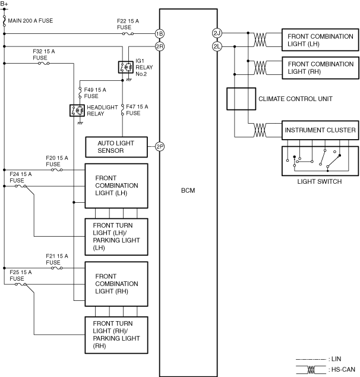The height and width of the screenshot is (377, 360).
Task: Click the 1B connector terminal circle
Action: pos(159,33)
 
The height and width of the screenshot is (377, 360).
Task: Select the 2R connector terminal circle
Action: pos(159,46)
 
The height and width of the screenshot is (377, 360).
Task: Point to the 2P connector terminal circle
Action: pos(159,146)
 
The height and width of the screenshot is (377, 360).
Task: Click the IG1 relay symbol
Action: pos(125,67)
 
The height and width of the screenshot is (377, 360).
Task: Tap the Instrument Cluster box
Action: pos(320,130)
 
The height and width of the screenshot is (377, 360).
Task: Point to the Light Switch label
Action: pos(319,181)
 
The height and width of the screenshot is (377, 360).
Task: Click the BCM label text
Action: pos(188,191)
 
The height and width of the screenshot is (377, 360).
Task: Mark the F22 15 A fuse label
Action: pos(127,24)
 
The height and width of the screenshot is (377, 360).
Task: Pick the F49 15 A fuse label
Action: pos(94,93)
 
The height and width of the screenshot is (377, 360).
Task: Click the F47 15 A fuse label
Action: pos(137,109)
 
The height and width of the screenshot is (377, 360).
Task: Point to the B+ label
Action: pos(5,4)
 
